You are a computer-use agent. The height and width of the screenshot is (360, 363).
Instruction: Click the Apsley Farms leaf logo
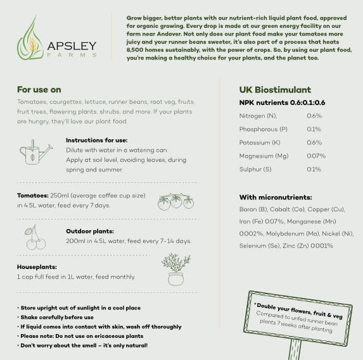[30, 39]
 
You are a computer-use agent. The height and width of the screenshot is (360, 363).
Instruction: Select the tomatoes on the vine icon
[175, 201]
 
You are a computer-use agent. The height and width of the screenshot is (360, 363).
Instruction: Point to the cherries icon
[34, 237]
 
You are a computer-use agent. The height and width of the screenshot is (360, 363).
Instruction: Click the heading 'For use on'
[39, 89]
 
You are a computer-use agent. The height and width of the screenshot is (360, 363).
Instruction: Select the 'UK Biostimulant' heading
[275, 90]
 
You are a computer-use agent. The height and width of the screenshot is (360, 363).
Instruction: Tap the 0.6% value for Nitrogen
[314, 116]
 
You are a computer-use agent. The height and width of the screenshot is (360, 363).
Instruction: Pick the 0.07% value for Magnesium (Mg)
[316, 156]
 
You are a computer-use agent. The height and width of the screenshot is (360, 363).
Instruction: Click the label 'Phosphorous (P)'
[263, 129]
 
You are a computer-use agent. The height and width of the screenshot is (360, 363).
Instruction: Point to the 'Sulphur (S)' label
[255, 169]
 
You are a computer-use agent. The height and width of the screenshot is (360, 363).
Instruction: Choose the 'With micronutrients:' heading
[276, 197]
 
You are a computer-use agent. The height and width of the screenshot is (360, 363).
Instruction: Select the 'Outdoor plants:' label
[90, 231]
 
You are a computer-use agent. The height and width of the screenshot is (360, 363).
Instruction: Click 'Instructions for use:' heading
[96, 140]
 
